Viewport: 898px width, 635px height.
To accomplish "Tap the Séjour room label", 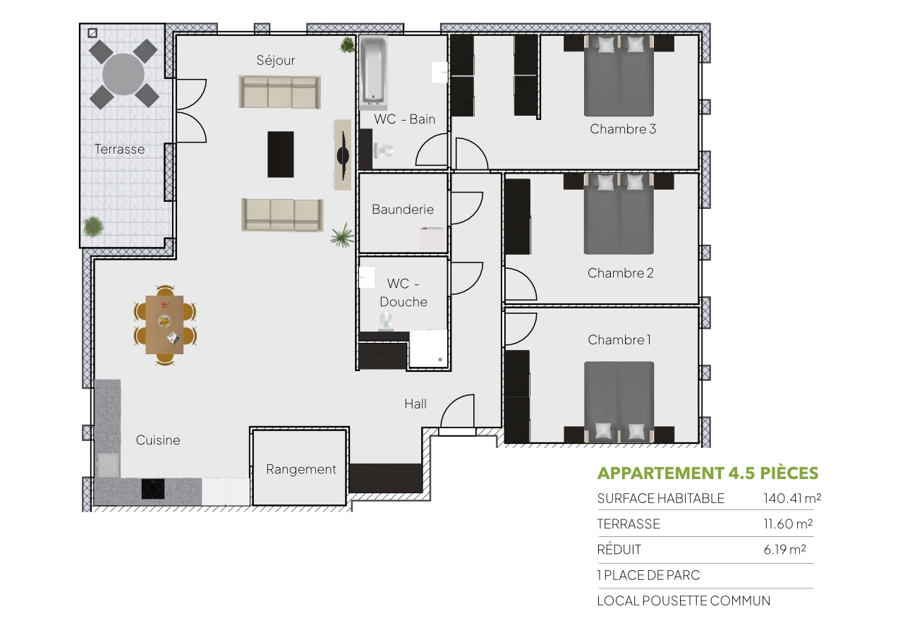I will coord(276,61).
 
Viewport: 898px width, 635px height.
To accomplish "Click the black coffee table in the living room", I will coord(280,154).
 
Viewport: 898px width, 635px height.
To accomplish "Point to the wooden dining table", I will coord(164,324).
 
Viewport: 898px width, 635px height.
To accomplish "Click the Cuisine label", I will coord(158,440).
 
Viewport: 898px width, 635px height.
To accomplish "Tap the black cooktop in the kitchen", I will coord(153,488).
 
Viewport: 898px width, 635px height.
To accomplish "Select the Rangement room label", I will coord(301,469).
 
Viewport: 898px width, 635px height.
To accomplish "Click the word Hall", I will coord(415,404).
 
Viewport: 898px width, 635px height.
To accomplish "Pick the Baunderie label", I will coord(403,210).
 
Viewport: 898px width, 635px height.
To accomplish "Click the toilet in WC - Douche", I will coord(385,322).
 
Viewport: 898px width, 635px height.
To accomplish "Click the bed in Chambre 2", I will coord(619,219).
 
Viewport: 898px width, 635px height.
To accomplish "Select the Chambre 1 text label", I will coord(619,340).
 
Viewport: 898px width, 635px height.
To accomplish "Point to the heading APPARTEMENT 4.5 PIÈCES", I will coord(708,473).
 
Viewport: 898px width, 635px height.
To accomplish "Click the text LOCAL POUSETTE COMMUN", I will coord(684,601).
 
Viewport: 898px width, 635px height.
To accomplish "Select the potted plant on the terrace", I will coord(92,227).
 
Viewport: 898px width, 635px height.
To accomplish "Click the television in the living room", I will coord(343,155).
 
